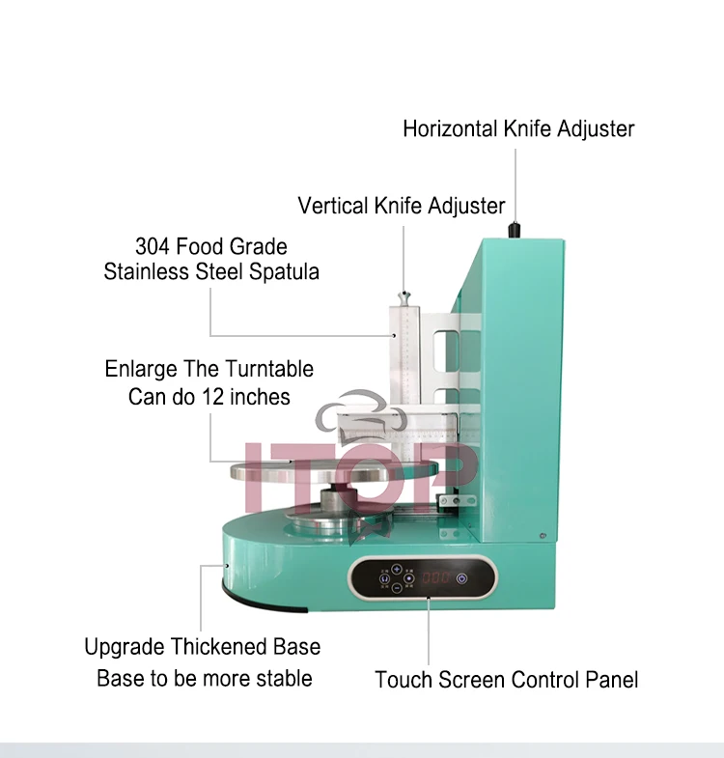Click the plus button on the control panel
click(396, 569)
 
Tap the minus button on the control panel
click(396, 588)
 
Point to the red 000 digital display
click(436, 577)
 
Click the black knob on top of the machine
click(515, 230)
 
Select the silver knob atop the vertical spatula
click(404, 293)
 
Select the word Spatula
click(284, 271)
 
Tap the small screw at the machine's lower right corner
click(546, 534)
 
